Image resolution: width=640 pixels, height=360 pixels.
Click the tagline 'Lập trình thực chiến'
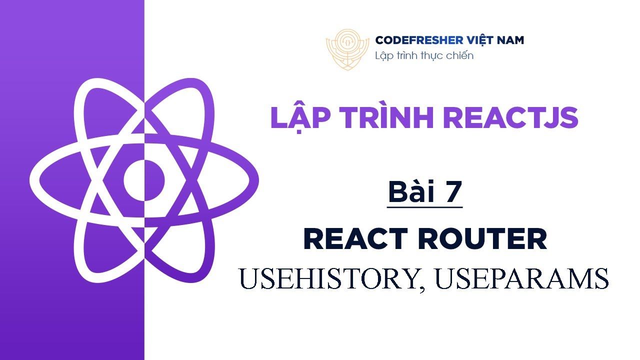pyautogui.click(x=424, y=55)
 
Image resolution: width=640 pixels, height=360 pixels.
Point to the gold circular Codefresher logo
pyautogui.click(x=347, y=49)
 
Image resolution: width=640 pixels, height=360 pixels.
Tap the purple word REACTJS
pyautogui.click(x=511, y=117)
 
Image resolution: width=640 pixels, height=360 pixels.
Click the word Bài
pyautogui.click(x=411, y=191)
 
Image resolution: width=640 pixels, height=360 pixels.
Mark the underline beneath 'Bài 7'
pyautogui.click(x=424, y=207)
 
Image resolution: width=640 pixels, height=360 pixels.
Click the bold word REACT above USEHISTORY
pyautogui.click(x=355, y=239)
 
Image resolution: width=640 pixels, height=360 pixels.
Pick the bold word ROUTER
pyautogui.click(x=483, y=239)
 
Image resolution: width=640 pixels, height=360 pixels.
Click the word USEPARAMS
pyautogui.click(x=522, y=278)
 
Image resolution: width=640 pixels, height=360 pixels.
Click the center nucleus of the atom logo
pyautogui.click(x=144, y=180)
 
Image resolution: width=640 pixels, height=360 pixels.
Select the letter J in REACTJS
pyautogui.click(x=543, y=117)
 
